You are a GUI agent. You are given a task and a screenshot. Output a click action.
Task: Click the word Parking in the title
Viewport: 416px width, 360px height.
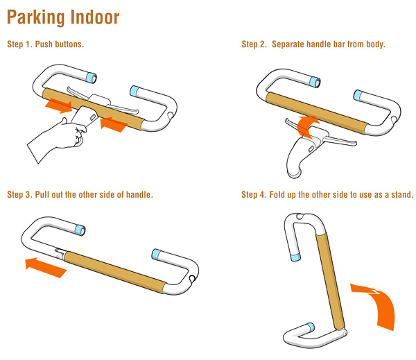[36, 18]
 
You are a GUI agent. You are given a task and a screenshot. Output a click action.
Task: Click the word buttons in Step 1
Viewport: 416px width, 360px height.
[69, 44]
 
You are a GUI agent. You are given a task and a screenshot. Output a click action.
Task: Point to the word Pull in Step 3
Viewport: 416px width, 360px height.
[42, 195]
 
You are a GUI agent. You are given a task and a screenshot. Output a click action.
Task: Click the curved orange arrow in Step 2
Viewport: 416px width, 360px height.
[307, 126]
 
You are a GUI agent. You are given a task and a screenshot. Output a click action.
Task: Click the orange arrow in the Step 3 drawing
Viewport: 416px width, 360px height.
[45, 267]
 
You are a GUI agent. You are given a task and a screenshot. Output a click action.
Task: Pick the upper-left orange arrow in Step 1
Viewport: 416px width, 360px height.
[59, 105]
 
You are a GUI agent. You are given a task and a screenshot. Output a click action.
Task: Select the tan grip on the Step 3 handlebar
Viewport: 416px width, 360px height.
[115, 272]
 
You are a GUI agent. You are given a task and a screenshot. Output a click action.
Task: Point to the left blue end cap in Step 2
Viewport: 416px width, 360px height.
[315, 82]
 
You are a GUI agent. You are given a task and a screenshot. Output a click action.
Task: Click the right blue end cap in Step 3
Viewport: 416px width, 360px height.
[157, 254]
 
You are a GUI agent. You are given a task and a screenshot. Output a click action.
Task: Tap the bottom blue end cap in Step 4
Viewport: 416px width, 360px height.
[311, 327]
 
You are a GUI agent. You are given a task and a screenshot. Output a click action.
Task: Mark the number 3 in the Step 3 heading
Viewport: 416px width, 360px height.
[28, 195]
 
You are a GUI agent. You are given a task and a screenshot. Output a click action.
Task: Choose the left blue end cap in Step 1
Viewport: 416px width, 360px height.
[92, 78]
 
